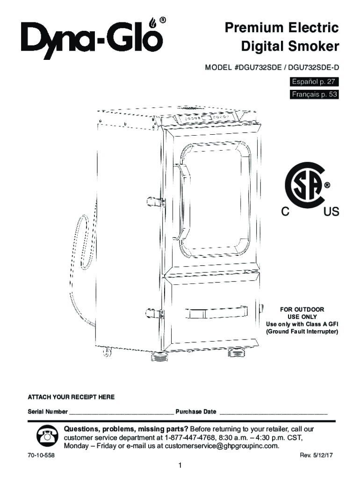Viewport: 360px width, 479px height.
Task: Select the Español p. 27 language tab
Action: coord(313,82)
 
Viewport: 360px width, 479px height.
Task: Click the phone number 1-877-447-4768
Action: coord(190,437)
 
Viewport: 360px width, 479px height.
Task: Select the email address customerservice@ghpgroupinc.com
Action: coord(220,446)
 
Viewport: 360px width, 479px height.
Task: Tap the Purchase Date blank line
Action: coord(274,413)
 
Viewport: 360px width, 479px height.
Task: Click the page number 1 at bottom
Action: coord(180,465)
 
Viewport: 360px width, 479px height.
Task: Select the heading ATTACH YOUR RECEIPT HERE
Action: coord(71,397)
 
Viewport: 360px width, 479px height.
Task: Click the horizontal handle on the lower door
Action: coord(215,312)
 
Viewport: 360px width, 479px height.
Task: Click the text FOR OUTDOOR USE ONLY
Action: coord(302,313)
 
